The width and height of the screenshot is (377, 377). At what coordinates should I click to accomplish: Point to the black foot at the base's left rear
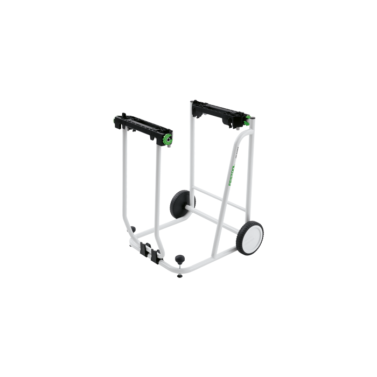132,231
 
